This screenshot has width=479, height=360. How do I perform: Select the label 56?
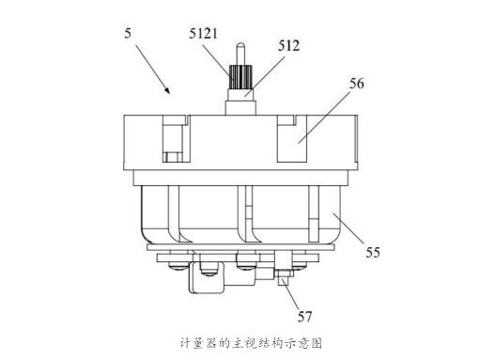click(x=356, y=84)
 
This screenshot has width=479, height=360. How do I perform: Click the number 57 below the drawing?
click(x=305, y=316)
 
